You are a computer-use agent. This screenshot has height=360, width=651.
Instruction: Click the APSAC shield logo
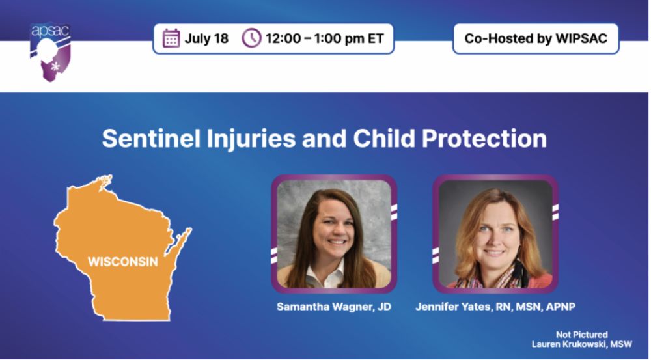click(x=50, y=52)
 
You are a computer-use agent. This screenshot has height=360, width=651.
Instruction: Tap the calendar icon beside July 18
click(x=171, y=38)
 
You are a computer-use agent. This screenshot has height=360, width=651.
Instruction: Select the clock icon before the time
click(x=251, y=38)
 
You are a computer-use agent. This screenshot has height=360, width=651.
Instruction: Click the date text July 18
click(x=206, y=38)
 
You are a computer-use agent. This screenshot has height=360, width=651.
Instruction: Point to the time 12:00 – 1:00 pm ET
click(x=325, y=38)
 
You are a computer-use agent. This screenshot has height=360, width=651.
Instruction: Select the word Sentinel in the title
click(x=151, y=138)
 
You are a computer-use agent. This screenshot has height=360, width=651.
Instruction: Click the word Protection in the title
click(x=484, y=138)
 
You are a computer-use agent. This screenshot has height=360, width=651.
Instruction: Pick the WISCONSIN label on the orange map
click(x=123, y=262)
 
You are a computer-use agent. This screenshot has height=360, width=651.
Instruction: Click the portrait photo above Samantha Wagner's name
click(x=334, y=234)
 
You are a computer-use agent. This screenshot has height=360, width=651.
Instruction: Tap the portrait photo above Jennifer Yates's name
click(x=495, y=234)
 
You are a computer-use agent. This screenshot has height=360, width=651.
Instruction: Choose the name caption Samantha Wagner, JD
click(x=334, y=307)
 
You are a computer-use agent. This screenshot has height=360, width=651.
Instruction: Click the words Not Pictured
click(x=581, y=335)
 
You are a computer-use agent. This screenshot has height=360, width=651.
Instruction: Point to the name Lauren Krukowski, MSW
click(x=581, y=344)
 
